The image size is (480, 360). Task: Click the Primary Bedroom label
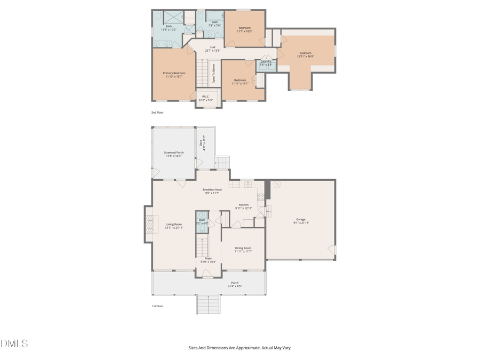point(174,75)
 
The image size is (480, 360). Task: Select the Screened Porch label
point(173,154)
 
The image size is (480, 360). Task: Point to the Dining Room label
point(243,250)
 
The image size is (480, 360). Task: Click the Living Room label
point(174,226)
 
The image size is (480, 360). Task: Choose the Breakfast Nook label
point(212,191)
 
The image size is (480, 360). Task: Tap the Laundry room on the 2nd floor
point(265,63)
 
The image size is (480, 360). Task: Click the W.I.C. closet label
point(206,98)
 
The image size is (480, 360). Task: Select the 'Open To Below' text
point(214,74)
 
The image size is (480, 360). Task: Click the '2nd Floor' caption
point(157,113)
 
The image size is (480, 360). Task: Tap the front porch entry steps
point(209,304)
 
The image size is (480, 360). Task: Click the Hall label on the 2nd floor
point(213,49)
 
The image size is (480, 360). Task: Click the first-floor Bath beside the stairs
point(202,221)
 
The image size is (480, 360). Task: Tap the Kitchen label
point(243,206)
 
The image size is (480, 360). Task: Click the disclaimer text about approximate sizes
point(239,348)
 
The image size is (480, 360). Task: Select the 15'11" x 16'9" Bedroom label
point(305,54)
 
